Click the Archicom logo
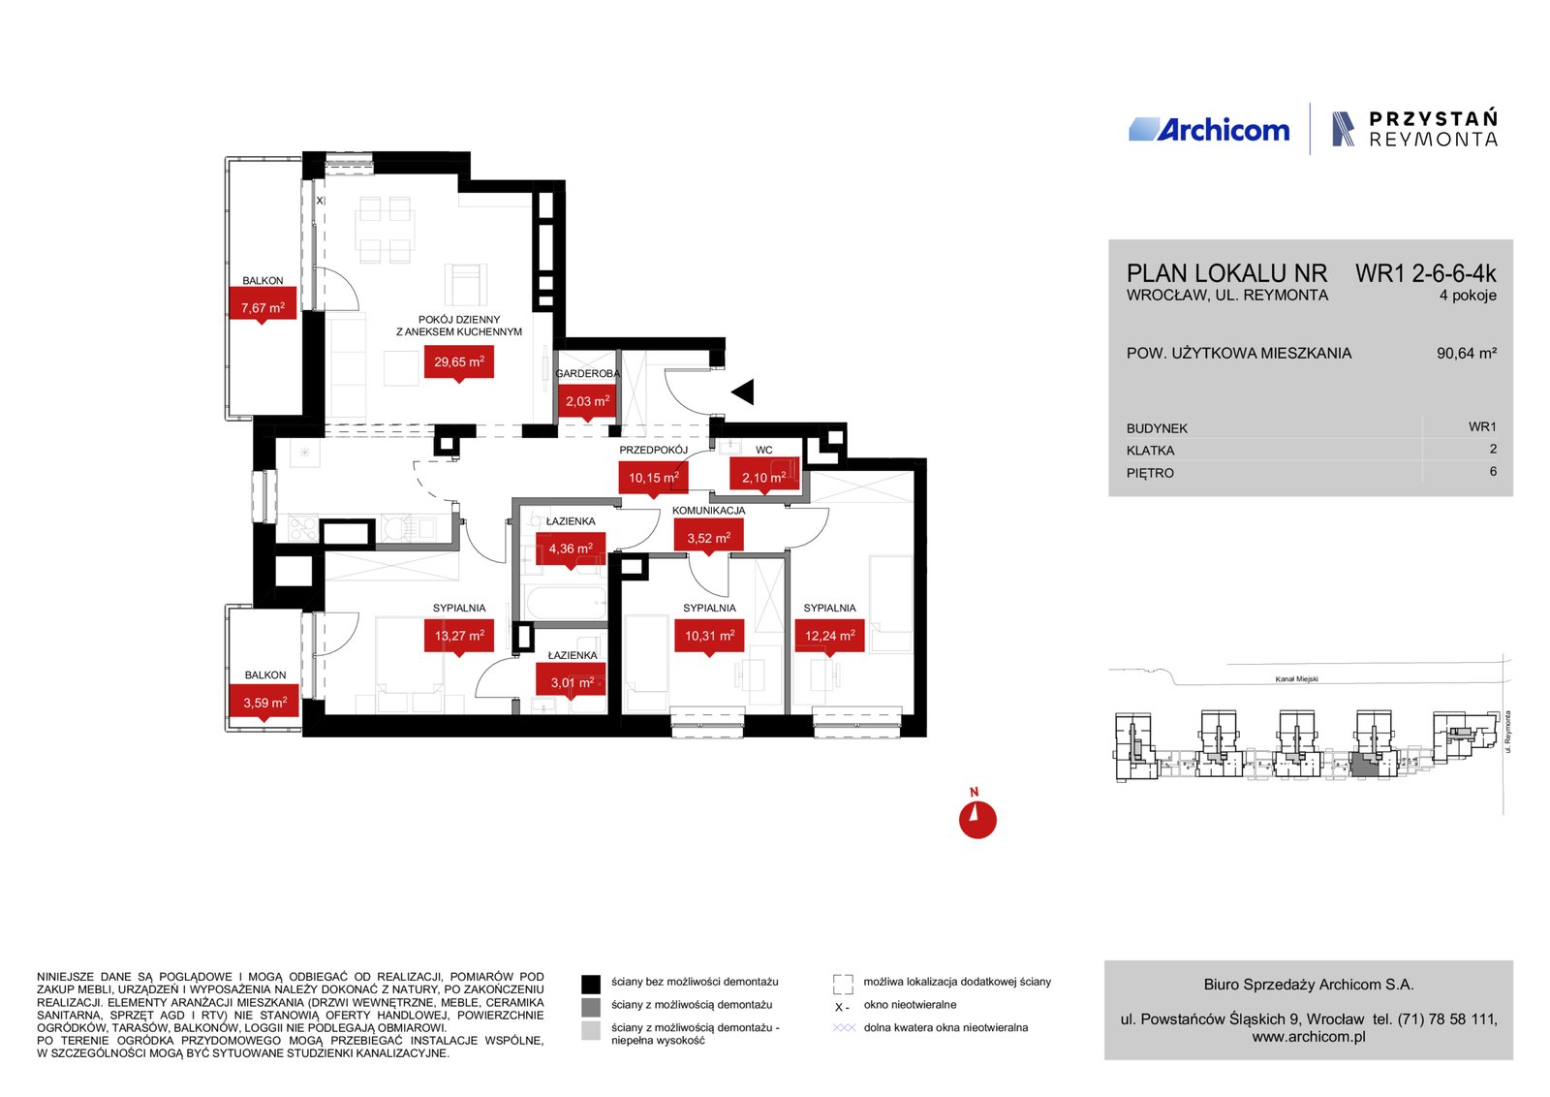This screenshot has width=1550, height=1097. point(1209,130)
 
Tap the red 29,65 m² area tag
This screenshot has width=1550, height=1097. point(459,363)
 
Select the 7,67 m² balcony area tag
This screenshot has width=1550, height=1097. point(263,306)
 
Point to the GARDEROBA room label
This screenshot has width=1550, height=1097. point(587,374)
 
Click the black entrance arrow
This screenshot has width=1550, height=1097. point(743,392)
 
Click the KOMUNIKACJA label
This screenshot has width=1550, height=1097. point(708,511)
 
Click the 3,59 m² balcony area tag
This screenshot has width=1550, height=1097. point(264,704)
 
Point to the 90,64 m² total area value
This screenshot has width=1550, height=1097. point(1467,353)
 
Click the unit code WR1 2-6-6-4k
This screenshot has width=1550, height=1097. point(1425,274)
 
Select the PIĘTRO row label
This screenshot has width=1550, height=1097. point(1150,474)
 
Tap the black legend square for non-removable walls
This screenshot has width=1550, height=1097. point(591,984)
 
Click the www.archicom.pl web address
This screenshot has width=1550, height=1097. point(1309,1037)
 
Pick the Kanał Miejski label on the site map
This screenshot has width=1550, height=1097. point(1297,679)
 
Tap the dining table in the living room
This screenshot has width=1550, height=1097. point(387,229)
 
